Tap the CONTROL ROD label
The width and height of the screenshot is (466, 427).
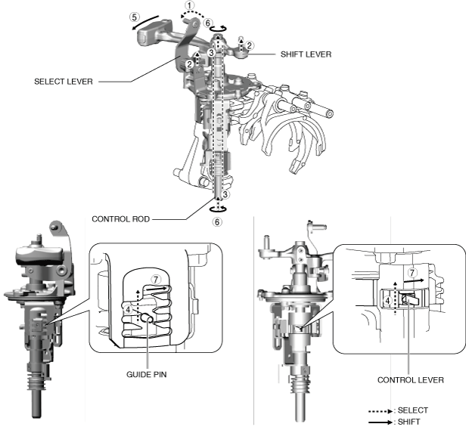[x=121, y=219]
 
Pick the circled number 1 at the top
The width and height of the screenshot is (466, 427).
[x=189, y=5]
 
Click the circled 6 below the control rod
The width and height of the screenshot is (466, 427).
[x=217, y=224]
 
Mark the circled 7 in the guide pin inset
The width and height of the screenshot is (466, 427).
[x=157, y=280]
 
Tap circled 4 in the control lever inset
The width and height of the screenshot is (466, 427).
[x=387, y=299]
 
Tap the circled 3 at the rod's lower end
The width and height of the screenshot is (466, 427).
[x=225, y=195]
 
